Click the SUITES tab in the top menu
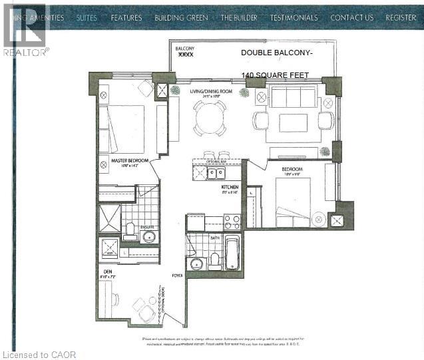87,17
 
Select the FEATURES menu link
126,17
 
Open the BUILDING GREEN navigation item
181,17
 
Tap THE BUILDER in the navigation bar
240,17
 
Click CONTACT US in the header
351,17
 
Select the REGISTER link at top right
401,17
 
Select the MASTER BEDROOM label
129,160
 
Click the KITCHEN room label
230,188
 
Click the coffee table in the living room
293,122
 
